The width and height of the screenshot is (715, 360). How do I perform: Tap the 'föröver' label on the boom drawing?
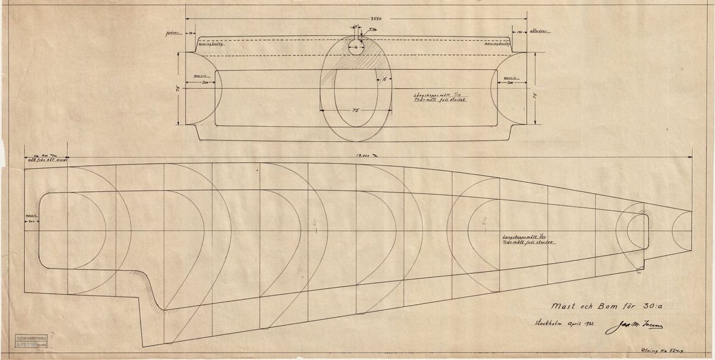173,33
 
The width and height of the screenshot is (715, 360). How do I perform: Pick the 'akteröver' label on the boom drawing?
539,32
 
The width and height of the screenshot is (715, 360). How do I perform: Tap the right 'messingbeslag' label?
496,44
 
